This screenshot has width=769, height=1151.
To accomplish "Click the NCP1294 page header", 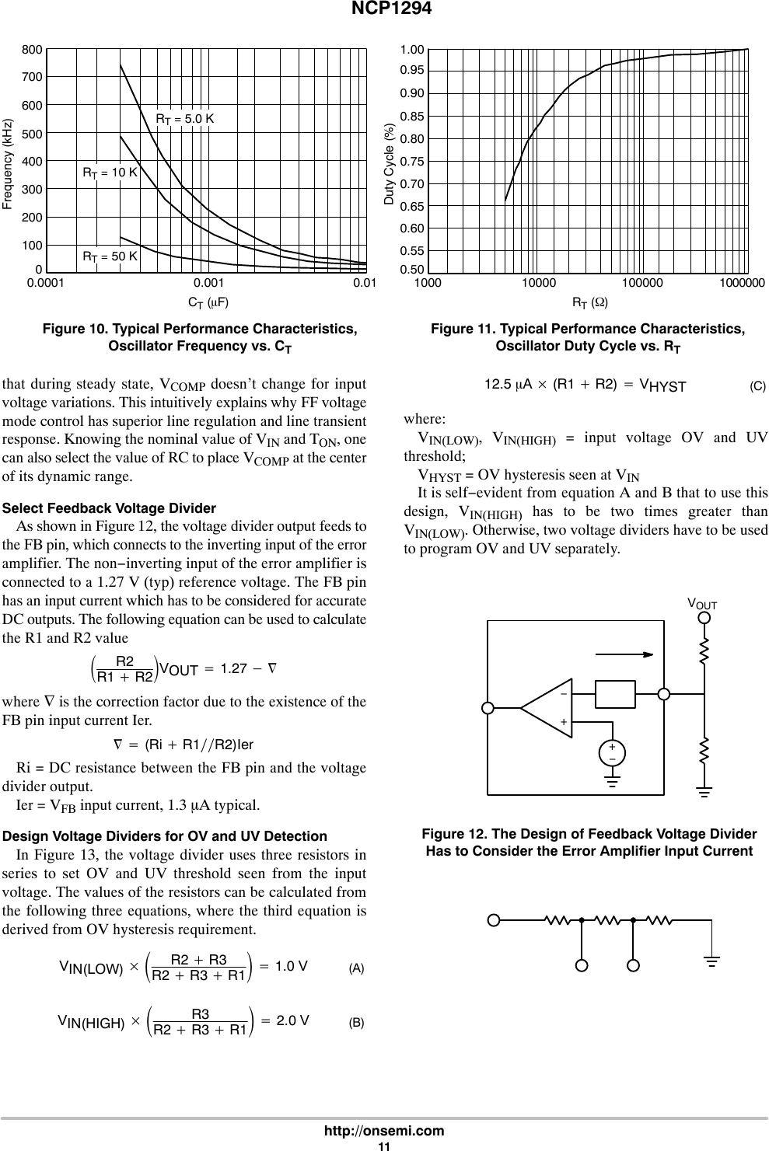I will click(x=384, y=9).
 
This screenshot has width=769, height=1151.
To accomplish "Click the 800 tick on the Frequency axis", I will click(x=32, y=50).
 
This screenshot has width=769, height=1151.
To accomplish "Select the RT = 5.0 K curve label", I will click(x=185, y=119).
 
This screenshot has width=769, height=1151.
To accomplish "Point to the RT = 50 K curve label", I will click(x=110, y=256).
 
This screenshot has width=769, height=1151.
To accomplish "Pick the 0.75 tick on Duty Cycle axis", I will click(x=411, y=162).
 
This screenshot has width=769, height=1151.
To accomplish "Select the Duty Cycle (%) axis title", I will click(x=390, y=164).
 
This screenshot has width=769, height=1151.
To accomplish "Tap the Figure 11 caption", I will click(x=587, y=337).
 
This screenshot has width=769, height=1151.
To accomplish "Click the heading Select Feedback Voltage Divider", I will click(x=110, y=508).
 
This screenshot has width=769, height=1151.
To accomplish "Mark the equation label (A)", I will click(x=356, y=968).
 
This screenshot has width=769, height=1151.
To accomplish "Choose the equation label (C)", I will click(x=757, y=386).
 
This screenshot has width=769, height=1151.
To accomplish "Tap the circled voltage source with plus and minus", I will click(x=613, y=753).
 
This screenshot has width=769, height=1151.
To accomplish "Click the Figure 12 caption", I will click(x=589, y=842).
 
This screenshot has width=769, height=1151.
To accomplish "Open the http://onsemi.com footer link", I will click(x=384, y=1131).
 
